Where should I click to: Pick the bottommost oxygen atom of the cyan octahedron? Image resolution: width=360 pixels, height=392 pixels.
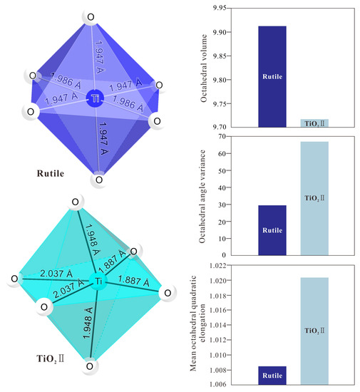[x=89, y=366]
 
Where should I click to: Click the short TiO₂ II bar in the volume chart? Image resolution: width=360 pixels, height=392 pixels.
[x=314, y=123]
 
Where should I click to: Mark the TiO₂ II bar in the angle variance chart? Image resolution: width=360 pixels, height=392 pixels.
[x=314, y=198]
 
